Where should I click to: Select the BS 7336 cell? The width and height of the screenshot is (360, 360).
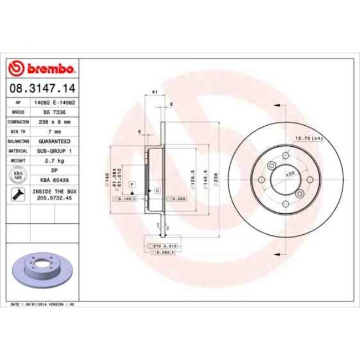click(x=54, y=112)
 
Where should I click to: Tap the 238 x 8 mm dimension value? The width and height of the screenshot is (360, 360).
click(x=54, y=121)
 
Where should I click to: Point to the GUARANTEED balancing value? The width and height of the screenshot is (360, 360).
click(x=54, y=141)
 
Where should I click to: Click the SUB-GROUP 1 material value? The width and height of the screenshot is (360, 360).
click(x=54, y=151)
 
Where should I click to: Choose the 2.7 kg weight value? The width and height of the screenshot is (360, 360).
click(x=54, y=160)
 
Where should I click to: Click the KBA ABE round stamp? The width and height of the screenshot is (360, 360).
click(x=18, y=175)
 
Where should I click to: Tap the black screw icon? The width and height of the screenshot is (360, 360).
click(x=17, y=194)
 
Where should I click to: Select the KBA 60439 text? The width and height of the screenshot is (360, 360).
click(x=54, y=180)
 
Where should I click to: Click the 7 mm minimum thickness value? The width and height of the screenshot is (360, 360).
click(x=54, y=131)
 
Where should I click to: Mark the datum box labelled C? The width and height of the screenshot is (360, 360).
click(x=157, y=190)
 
